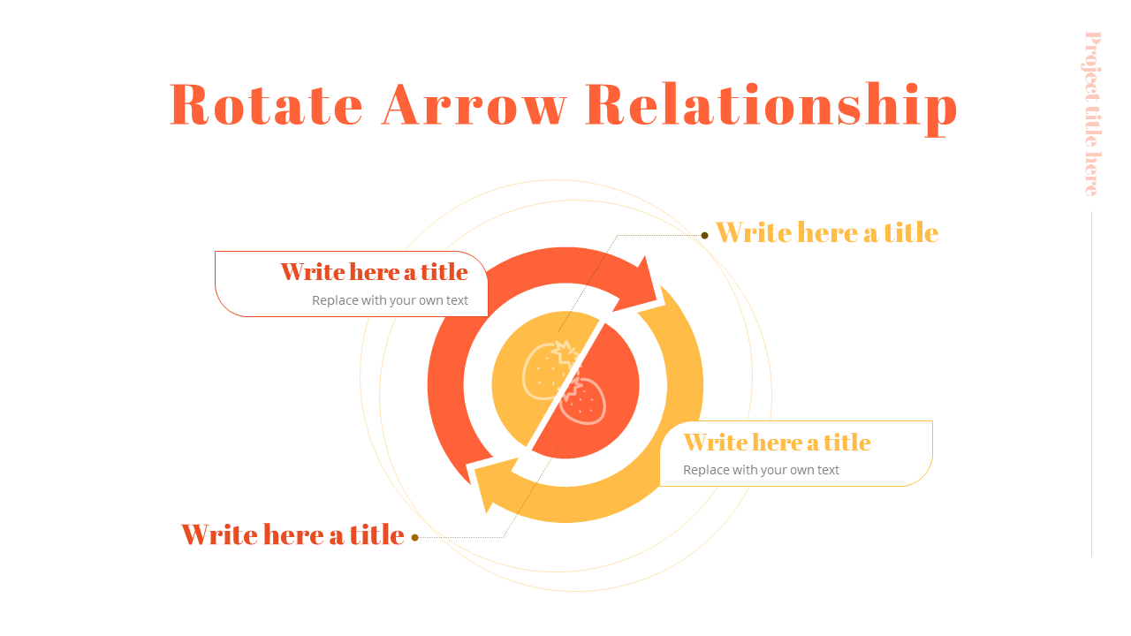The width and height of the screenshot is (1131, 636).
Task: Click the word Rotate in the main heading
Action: click(267, 104)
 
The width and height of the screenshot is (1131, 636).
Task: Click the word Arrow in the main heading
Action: click(474, 104)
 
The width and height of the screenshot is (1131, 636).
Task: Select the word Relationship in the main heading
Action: click(771, 108)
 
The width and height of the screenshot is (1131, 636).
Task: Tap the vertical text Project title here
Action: click(1093, 114)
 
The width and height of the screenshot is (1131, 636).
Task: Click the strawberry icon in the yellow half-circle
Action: click(550, 370)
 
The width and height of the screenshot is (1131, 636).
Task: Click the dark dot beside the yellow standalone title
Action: click(705, 235)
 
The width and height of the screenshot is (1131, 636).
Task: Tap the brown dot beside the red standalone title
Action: click(414, 538)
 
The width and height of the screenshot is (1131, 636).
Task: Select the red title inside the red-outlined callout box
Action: click(374, 271)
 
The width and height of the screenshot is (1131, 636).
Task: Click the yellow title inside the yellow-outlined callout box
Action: click(777, 443)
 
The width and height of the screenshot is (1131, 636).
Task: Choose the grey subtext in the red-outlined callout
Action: click(390, 300)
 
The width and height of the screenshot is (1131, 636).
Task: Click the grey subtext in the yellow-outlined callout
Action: click(761, 470)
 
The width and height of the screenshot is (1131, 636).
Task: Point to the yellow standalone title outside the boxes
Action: click(827, 232)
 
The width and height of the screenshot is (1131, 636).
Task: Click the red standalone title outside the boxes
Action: click(292, 534)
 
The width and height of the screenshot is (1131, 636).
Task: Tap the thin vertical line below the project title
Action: click(1091, 384)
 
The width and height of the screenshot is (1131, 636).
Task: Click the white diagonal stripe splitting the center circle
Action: click(565, 384)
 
